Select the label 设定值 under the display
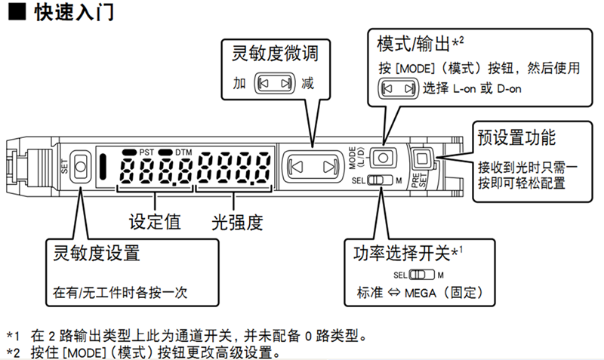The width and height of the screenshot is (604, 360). (154, 221)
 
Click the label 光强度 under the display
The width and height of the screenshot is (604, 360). (236, 221)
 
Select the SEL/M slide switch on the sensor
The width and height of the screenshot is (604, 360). (380, 181)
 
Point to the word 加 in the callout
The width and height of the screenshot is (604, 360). (241, 83)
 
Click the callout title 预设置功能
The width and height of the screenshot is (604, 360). (517, 138)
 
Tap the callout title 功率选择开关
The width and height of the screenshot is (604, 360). (404, 251)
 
